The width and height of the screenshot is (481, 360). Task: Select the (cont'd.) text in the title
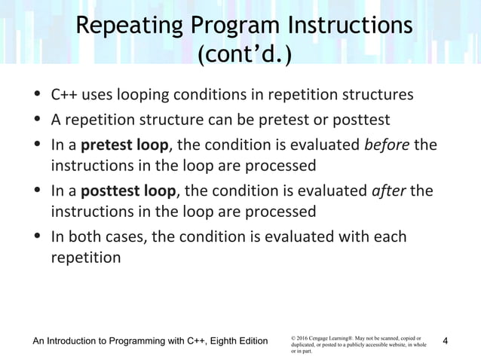240,58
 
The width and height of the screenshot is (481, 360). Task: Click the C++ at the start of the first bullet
63,96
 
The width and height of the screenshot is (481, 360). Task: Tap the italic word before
387,144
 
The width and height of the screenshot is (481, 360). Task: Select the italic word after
389,191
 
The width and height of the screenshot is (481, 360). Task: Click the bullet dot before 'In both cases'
38,237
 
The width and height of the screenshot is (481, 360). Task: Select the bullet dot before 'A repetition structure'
38,120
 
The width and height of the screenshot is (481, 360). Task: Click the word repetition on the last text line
85,258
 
